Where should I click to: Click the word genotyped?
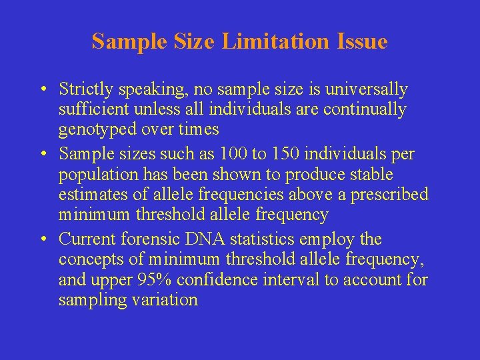(95, 129)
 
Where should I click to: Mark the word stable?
(371, 175)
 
